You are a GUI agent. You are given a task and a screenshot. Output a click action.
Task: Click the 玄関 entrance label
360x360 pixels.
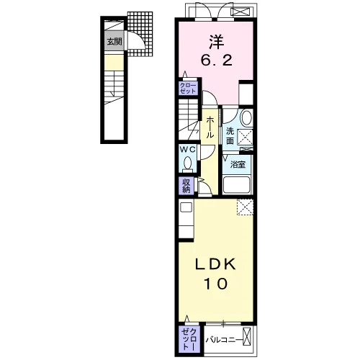click(114, 42)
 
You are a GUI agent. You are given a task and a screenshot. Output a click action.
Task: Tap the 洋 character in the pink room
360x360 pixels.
click(217, 42)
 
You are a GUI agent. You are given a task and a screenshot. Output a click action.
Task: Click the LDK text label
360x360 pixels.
click(215, 265)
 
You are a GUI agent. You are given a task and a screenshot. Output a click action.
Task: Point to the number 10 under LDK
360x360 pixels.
click(216, 284)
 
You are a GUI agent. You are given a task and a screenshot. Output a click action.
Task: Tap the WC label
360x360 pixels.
click(189, 149)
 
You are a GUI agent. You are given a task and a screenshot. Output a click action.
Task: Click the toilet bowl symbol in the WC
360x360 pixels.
click(187, 163)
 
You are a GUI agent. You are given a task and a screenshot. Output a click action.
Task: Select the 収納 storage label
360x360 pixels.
click(186, 186)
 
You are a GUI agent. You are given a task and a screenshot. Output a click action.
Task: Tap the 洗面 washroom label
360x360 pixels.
click(230, 136)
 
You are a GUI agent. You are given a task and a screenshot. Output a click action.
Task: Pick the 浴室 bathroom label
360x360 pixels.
click(238, 164)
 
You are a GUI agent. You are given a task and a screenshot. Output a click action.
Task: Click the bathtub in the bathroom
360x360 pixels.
click(236, 185)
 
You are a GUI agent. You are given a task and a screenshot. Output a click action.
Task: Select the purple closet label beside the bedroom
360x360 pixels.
click(188, 88)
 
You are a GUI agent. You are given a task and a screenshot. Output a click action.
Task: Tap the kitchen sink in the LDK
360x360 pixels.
click(186, 207)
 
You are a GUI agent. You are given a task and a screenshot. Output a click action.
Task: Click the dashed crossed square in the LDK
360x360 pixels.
click(245, 207)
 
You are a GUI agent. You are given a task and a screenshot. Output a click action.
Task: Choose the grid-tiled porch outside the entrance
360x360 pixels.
click(140, 34)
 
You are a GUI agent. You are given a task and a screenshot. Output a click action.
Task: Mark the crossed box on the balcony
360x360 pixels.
click(247, 336)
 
